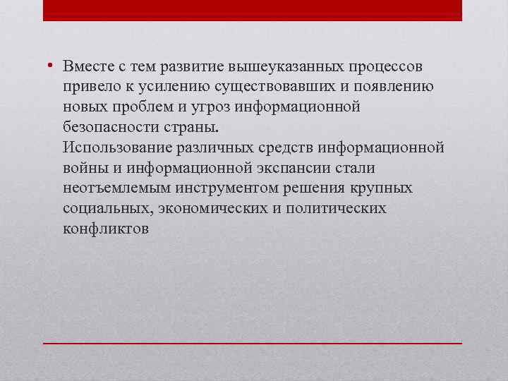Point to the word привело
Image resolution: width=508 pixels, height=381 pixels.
pos(88,86)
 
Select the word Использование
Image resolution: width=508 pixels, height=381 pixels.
pos(114,147)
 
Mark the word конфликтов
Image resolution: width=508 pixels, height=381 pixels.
pos(105,229)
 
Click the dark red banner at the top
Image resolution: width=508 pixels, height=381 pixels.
pos(253,10)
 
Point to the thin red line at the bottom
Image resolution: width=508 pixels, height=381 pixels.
pos(253,343)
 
